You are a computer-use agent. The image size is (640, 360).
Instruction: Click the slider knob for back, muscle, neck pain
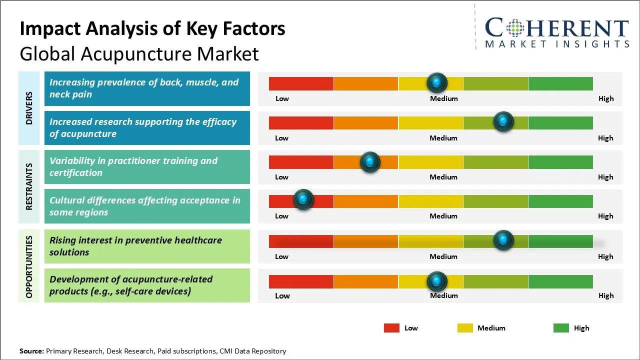437,82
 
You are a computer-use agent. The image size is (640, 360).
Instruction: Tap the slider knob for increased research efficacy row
503,121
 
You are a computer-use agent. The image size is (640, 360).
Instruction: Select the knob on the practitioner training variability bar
370,161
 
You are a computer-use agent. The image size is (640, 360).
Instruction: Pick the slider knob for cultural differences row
303,199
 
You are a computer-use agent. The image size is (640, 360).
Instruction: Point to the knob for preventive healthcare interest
503,240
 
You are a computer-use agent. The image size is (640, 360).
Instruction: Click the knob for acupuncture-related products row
437,281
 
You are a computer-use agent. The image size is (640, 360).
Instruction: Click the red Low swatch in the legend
391,328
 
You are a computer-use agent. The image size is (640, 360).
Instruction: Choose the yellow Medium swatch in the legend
465,328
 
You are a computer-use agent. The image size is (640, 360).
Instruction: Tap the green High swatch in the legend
561,328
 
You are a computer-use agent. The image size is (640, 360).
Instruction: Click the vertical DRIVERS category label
29,108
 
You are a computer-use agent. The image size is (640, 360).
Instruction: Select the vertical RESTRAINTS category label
29,186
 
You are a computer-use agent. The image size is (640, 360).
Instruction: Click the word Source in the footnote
31,351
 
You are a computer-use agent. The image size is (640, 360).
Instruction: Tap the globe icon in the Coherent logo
516,27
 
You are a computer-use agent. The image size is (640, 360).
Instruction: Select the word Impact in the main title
48,28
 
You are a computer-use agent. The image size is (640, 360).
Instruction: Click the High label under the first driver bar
606,98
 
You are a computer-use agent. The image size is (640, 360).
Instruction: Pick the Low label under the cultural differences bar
282,216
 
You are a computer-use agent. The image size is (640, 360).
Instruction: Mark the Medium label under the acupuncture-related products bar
444,295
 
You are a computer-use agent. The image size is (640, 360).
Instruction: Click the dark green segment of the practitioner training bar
560,162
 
